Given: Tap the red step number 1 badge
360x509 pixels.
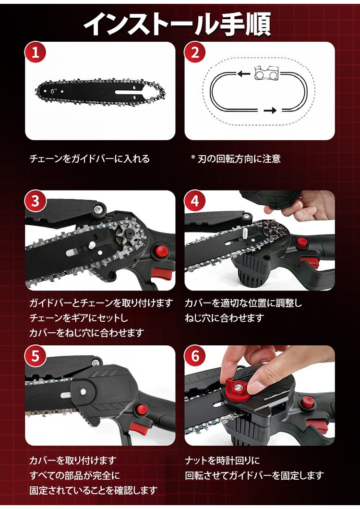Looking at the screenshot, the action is click(36, 53).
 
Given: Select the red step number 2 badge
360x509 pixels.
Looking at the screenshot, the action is click(195, 53).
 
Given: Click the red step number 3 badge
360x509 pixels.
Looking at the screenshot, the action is click(36, 201).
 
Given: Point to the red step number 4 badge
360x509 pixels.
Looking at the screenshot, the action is click(195, 201).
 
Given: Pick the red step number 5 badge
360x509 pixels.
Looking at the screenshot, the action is click(36, 356).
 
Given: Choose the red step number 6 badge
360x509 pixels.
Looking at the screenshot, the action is click(195, 356).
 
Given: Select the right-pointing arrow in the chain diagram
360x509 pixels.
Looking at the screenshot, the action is click(270, 111).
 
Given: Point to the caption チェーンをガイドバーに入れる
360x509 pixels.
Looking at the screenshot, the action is click(90, 159).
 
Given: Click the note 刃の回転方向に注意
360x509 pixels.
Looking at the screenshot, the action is click(239, 159).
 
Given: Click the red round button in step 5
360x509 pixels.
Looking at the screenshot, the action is click(141, 408).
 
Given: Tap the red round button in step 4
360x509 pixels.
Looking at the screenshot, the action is click(301, 242).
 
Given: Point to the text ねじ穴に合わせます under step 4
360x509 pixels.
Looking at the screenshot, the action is click(224, 318).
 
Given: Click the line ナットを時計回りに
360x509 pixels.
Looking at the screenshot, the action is click(222, 460).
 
